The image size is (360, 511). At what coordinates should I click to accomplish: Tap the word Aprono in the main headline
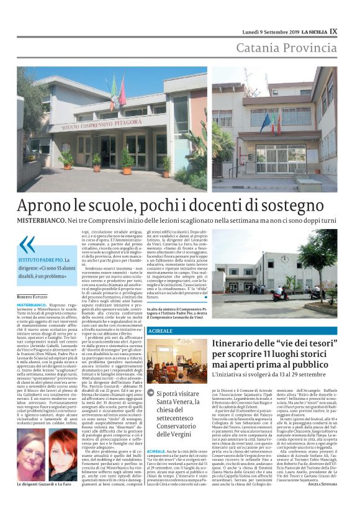50,205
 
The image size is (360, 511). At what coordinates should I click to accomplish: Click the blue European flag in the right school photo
265,122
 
